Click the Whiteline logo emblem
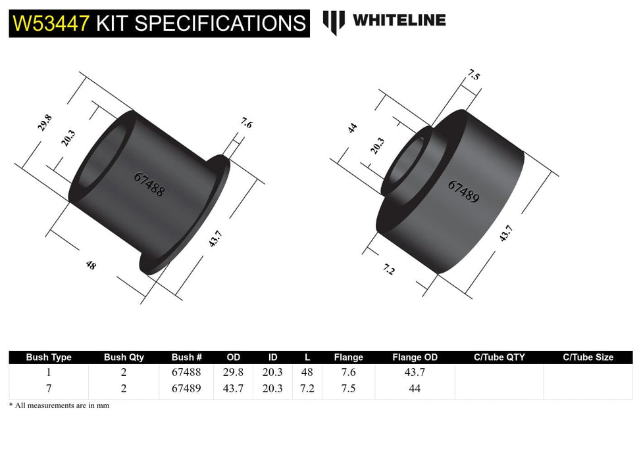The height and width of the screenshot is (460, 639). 334,22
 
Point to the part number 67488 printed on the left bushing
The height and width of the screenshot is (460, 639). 149,185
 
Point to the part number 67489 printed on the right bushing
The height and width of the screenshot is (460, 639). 463,191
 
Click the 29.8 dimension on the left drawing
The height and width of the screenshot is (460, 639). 45,124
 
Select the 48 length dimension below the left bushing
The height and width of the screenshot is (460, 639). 90,265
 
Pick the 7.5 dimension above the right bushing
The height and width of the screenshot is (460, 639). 473,74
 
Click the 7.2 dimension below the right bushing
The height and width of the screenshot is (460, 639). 389,269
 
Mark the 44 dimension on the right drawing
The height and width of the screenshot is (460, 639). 352,127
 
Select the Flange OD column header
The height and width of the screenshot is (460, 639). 415,357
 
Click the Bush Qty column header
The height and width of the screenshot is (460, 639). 124,357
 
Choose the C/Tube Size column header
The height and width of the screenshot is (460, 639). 588,357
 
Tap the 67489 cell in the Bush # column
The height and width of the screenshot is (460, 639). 187,388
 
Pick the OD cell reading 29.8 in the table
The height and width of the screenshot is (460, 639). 234,372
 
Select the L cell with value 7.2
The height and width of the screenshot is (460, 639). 307,388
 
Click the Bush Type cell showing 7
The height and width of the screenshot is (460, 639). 49,388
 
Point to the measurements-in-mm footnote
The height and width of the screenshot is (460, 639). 59,405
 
